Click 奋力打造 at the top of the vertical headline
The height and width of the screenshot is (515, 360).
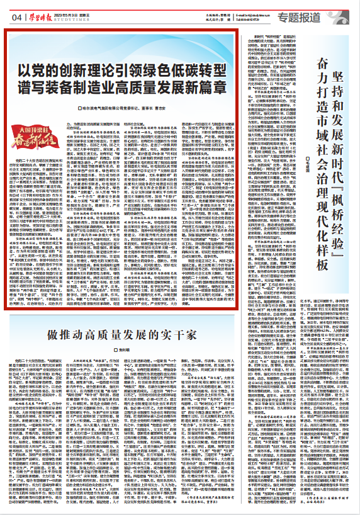pos(322,82)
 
